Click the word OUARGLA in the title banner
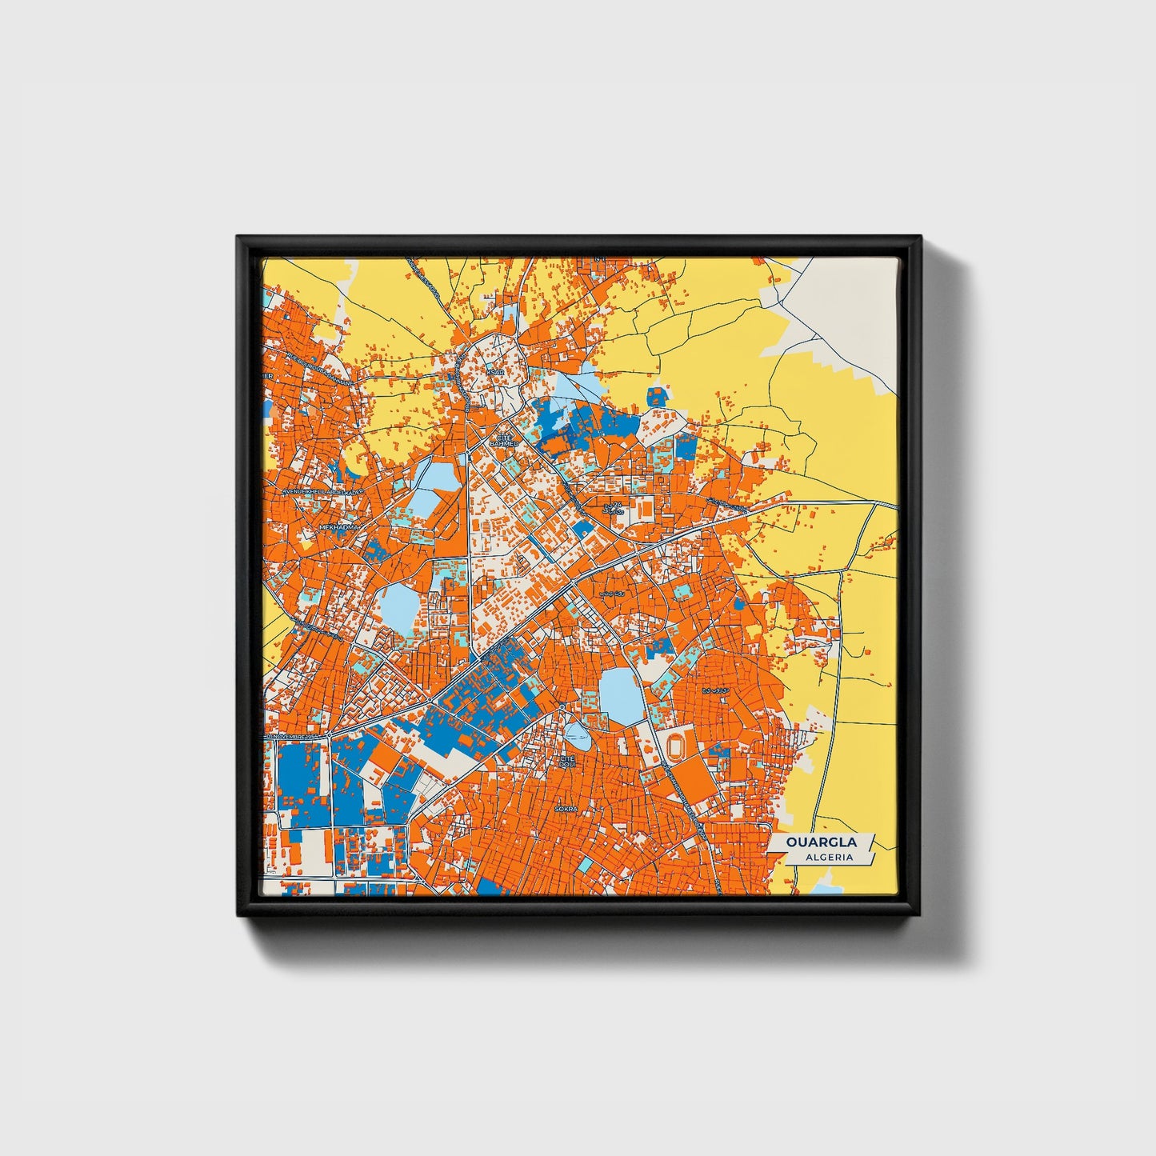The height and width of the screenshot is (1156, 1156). [821, 842]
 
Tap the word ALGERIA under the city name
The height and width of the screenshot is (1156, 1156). [830, 857]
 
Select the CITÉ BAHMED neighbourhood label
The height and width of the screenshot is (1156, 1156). [504, 441]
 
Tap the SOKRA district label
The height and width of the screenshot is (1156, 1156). [566, 810]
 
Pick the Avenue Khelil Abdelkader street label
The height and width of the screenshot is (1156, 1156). [322, 491]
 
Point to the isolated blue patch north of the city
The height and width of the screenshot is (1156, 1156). [657, 396]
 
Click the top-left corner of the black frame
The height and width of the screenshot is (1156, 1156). [238, 238]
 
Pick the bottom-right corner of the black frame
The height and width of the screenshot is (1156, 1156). [920, 914]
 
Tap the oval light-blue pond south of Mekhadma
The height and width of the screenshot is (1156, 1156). [397, 606]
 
